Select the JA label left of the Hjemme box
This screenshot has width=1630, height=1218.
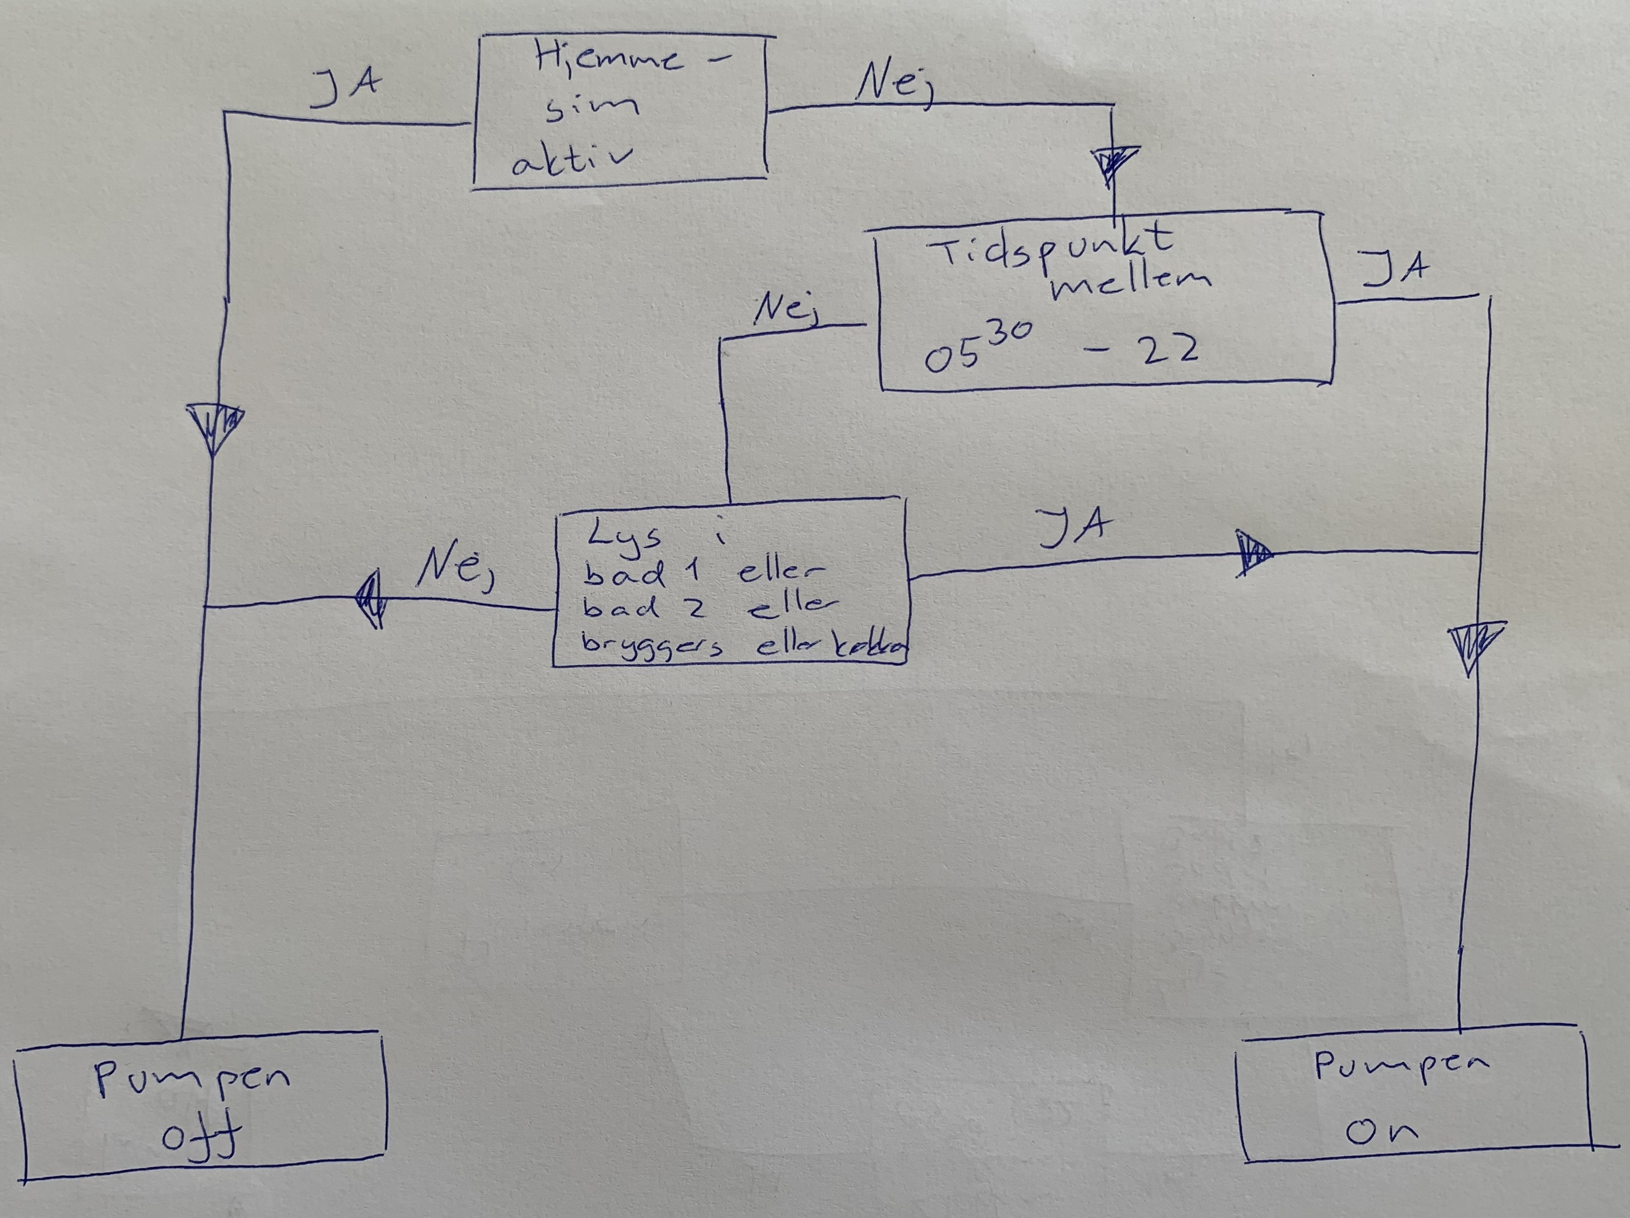coord(345,88)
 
